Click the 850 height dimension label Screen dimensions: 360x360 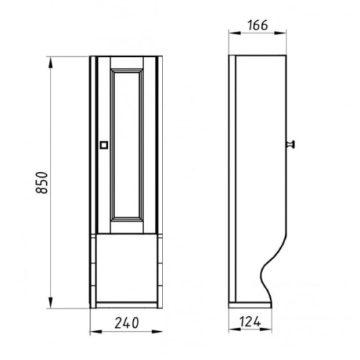click(42, 182)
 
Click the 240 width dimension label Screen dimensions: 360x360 click(127, 323)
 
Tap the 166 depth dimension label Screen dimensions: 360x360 click(258, 25)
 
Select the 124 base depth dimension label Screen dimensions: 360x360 click(250, 322)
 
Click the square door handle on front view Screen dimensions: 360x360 click(104, 145)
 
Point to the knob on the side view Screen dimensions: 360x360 click(291, 145)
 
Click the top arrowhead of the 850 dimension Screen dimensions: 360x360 click(50, 63)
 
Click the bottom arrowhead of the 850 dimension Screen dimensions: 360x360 click(50, 302)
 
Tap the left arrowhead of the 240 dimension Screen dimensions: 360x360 click(96, 332)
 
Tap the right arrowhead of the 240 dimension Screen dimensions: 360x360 click(156, 332)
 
